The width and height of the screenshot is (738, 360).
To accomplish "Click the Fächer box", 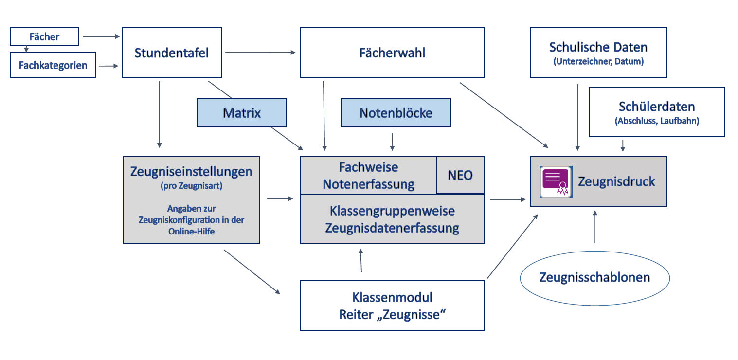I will (44, 36).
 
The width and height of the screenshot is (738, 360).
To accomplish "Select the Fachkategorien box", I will (53, 65).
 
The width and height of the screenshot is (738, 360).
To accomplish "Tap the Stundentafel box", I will (171, 53).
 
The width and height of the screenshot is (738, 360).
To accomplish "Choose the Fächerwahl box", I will (392, 53).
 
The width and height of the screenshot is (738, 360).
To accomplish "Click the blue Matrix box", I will (242, 113).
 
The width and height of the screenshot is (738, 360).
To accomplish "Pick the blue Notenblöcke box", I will (396, 113).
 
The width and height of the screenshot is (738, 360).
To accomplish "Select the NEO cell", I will (460, 175).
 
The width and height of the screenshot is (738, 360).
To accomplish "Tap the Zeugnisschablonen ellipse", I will (594, 277).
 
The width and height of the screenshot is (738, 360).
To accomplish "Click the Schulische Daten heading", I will (598, 47).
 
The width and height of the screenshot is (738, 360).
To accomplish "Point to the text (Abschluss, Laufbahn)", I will (657, 121).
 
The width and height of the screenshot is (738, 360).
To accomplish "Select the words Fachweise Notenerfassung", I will (369, 176).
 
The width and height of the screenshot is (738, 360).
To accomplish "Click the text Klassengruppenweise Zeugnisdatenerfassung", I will (392, 219).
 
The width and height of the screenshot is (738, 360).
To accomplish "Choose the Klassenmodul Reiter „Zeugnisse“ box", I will (392, 306).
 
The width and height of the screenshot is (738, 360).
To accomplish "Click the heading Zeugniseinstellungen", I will (191, 171).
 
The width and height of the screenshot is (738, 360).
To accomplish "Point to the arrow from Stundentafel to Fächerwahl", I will (260, 53).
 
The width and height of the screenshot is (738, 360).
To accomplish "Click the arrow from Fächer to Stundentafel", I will (101, 36).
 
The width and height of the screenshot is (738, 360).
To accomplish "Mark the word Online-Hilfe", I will (191, 232).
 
